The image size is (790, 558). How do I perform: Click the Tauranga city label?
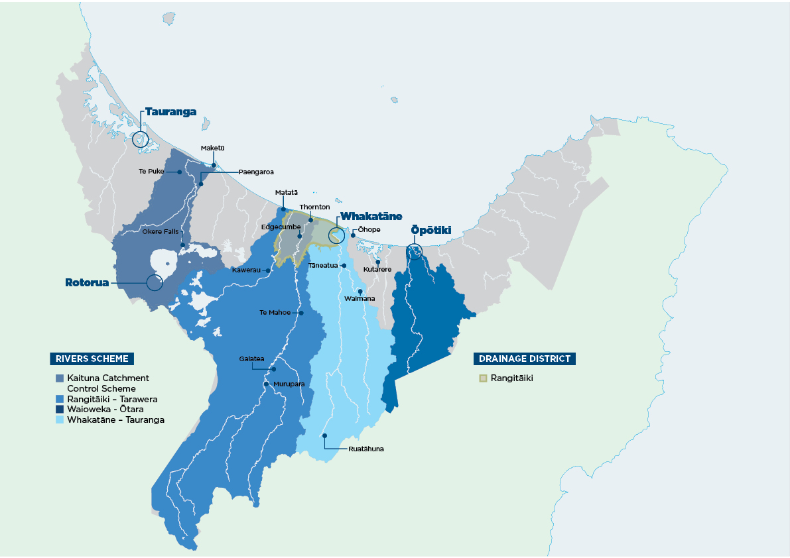pyautogui.click(x=170, y=112)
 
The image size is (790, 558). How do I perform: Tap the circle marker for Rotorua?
pyautogui.click(x=155, y=282)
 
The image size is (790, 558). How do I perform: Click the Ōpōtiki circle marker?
pyautogui.click(x=415, y=251)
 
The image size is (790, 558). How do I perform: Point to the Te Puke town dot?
pyautogui.click(x=180, y=172)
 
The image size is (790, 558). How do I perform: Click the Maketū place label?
pyautogui.click(x=212, y=148)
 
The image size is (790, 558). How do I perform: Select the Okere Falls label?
pyautogui.click(x=161, y=231)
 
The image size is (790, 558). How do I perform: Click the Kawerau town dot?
pyautogui.click(x=267, y=270)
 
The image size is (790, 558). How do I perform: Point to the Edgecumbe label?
pyautogui.click(x=278, y=227)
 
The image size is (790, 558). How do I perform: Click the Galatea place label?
pyautogui.click(x=251, y=359)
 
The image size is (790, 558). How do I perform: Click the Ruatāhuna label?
pyautogui.click(x=366, y=449)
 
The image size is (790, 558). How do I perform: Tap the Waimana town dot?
pyautogui.click(x=360, y=292)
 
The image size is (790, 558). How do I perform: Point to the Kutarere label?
pyautogui.click(x=377, y=270)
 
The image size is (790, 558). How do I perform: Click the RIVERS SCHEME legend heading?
pyautogui.click(x=92, y=359)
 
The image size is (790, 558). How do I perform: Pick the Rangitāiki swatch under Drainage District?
pyautogui.click(x=484, y=378)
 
